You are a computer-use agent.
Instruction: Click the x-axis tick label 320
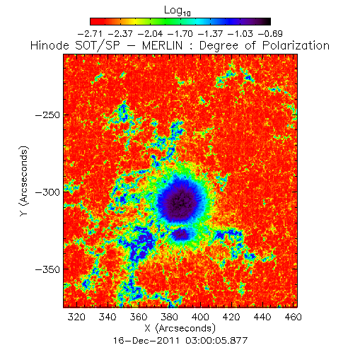[76, 317]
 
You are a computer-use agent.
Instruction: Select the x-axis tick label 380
[169, 317]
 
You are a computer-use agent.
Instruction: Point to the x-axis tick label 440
[262, 317]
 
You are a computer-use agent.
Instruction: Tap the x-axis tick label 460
[294, 317]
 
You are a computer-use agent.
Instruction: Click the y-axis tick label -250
[47, 115]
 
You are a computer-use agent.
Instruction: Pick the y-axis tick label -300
[47, 192]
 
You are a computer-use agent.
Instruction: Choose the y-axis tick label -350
[47, 269]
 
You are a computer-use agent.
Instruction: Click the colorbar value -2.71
[90, 34]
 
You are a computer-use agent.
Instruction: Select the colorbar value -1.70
[180, 34]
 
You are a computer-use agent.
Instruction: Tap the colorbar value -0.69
[270, 34]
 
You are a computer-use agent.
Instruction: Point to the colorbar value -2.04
[150, 34]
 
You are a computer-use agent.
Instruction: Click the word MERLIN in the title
[163, 45]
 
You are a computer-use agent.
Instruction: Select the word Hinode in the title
[50, 45]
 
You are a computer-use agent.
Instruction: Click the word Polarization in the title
[296, 45]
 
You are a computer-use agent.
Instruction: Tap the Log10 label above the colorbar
[178, 11]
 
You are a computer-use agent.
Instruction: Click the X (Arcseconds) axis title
[180, 328]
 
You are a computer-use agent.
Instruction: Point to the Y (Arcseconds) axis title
[24, 181]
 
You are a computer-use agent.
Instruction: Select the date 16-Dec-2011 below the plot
[146, 341]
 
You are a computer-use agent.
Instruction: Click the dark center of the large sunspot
[181, 202]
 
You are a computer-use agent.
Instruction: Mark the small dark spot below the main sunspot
[180, 234]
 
